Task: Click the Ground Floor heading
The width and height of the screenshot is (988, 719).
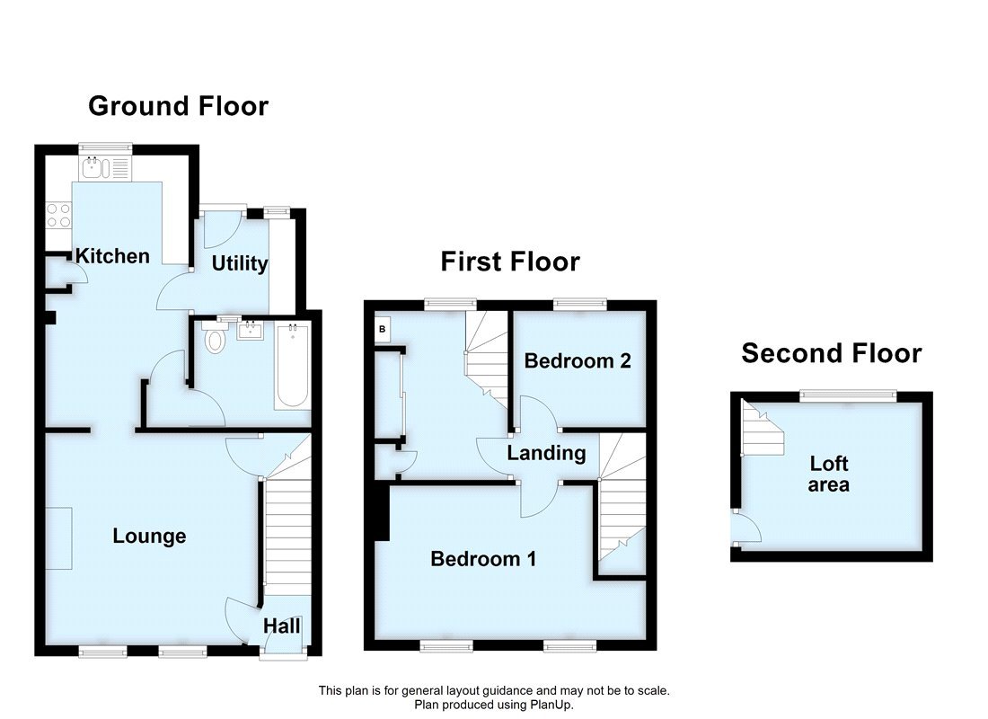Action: pos(178,106)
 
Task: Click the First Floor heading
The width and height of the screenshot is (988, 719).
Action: pos(509,262)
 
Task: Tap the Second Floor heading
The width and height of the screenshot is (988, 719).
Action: pos(831,353)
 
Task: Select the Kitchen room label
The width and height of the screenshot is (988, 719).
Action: pos(112,256)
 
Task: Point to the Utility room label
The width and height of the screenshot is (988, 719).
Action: pos(240,263)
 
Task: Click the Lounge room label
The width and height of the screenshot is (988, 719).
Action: pos(149,537)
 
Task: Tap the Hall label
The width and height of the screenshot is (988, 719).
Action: pos(282,626)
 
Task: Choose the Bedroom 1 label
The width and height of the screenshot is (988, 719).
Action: pos(483,559)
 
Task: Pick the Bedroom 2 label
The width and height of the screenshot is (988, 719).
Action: pos(578,361)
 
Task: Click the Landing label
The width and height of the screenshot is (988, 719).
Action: pos(546,453)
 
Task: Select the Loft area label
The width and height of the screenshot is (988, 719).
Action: pos(829,475)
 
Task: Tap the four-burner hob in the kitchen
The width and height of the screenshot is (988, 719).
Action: pos(58,215)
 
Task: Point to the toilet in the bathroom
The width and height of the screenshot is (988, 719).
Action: pos(215,340)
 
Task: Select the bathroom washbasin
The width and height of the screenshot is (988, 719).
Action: pos(248,331)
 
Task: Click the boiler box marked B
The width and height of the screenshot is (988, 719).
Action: pos(382,329)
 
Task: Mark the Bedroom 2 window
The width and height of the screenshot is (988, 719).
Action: pos(579,305)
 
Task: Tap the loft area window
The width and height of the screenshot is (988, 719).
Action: pos(848,394)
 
